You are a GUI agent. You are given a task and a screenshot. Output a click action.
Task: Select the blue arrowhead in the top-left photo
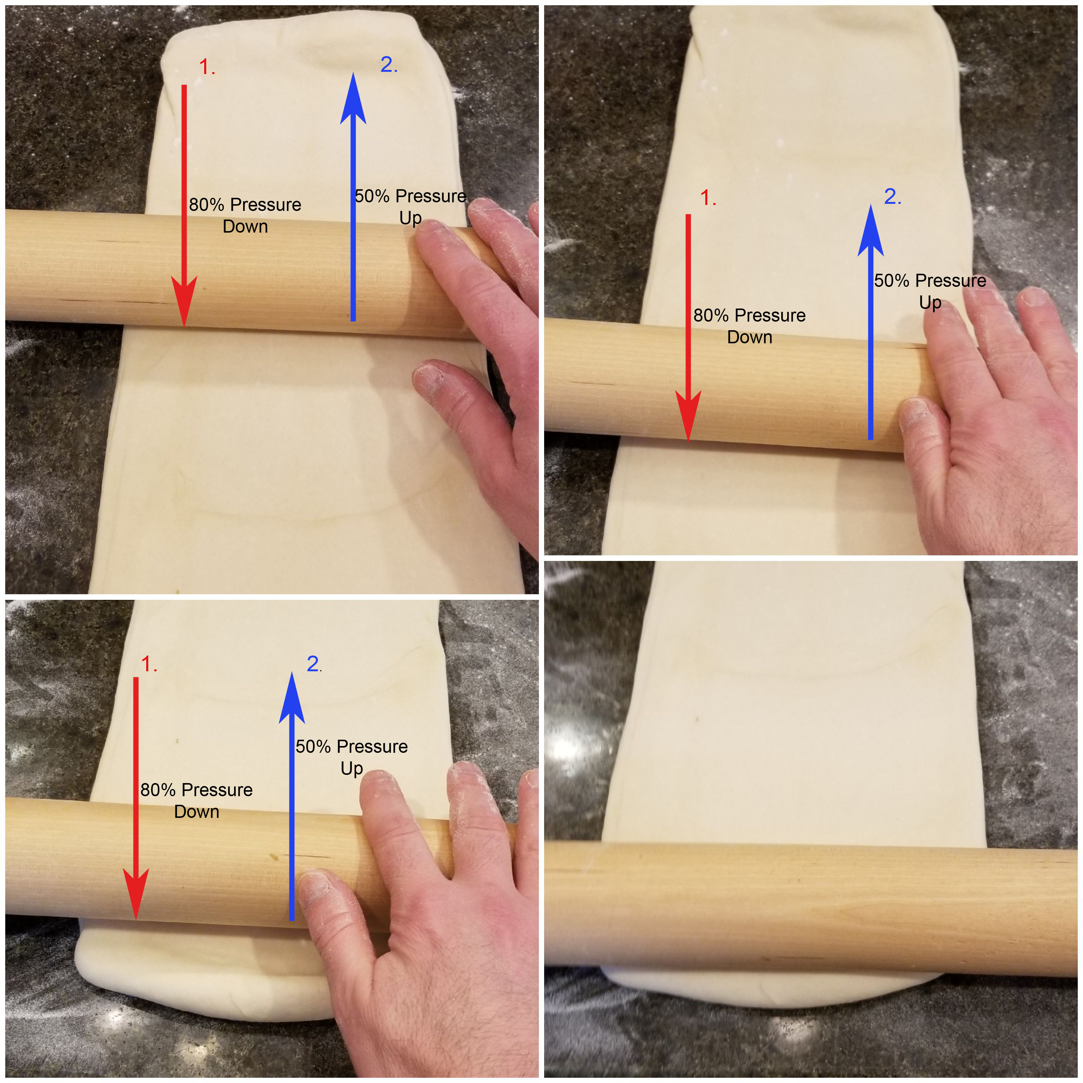353,98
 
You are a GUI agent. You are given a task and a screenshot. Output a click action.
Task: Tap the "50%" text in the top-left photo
372,196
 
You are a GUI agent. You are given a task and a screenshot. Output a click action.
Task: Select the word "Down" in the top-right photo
749,337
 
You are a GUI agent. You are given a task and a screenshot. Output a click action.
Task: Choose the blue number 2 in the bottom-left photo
314,664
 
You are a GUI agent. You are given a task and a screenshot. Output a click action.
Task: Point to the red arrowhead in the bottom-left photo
136,895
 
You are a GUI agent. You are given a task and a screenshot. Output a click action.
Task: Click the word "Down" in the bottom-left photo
197,812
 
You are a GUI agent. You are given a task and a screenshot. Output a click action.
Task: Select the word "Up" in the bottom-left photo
352,768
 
